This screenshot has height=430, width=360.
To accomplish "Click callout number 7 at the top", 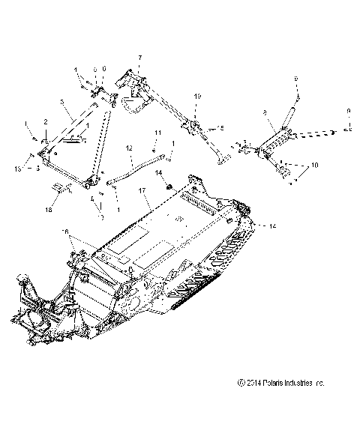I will tap(139, 58).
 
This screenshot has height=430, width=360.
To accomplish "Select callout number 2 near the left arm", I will tap(45, 122).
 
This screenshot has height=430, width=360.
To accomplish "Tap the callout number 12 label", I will tap(129, 148).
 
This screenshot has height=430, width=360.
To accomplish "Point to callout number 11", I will tap(157, 133).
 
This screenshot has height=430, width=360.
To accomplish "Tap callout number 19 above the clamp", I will tap(198, 97).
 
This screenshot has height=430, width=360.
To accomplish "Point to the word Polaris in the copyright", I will tap(268, 404).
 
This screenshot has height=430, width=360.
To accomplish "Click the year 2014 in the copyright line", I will tap(247, 404).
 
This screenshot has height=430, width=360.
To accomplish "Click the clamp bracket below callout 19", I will tap(194, 126).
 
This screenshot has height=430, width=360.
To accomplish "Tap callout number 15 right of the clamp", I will tap(221, 128).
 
